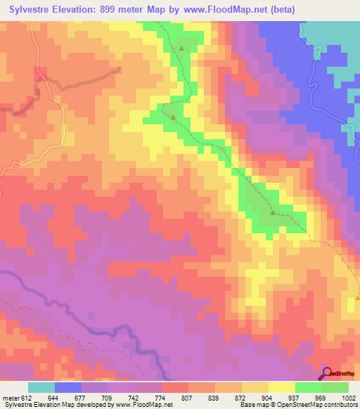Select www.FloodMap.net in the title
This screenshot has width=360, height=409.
point(231,9)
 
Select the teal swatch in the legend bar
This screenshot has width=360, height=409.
point(41,387)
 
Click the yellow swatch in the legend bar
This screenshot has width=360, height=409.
point(281,387)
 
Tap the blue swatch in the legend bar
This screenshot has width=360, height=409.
point(68,387)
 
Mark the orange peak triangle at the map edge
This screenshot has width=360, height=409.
point(357,297)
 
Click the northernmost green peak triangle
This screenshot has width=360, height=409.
point(181,48)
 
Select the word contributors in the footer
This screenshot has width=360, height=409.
point(341,405)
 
